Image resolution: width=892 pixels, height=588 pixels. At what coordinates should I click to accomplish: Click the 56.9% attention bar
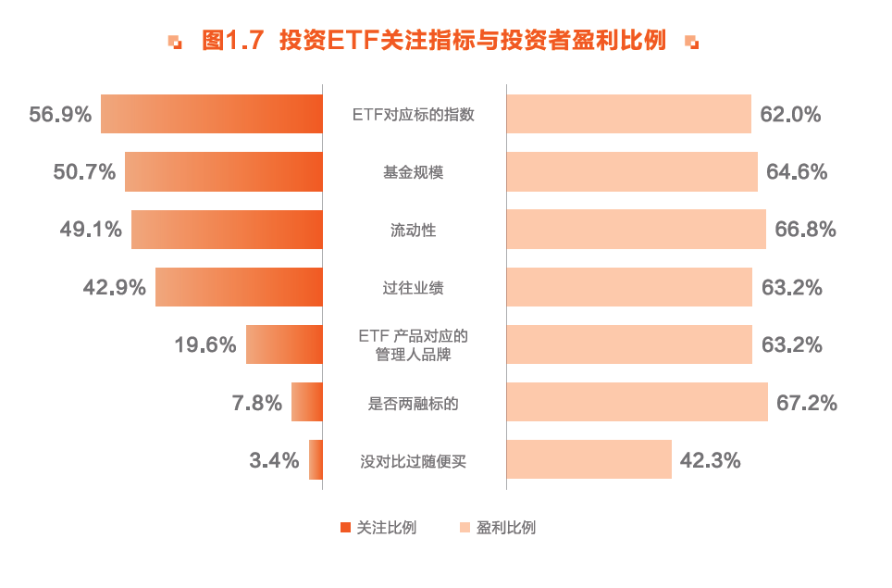coord(212,114)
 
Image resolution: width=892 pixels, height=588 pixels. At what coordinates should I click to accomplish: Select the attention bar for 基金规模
coord(224,171)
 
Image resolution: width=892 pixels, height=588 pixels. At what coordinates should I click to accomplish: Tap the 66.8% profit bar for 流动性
coord(636,229)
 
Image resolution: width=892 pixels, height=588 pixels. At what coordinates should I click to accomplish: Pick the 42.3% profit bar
coord(588,459)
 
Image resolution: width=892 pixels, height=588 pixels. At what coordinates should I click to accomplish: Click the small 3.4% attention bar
coord(316,459)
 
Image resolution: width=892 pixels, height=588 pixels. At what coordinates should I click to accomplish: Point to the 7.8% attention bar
coord(307,402)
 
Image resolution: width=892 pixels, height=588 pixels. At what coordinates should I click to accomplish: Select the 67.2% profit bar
coord(637,402)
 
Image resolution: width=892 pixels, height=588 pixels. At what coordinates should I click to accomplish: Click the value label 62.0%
coord(790,115)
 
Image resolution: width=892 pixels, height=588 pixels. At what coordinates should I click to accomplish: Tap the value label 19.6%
coord(205,345)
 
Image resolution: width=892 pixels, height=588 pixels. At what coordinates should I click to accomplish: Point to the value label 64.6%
coord(796,172)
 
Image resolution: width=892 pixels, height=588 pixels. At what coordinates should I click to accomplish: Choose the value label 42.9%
coord(115,287)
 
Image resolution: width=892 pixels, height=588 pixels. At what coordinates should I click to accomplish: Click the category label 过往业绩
coord(414,288)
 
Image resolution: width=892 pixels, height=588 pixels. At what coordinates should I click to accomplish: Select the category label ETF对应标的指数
coord(414,115)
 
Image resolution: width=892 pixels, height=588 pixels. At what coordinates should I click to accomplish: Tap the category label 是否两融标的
coord(414,403)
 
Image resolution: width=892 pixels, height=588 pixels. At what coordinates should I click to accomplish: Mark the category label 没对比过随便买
coord(414,460)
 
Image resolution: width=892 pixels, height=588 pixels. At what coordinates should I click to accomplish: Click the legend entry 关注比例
coord(378,528)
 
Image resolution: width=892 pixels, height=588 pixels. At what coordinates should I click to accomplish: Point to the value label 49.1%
coord(91,230)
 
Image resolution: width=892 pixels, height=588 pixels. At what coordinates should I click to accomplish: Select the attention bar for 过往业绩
coord(239,287)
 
